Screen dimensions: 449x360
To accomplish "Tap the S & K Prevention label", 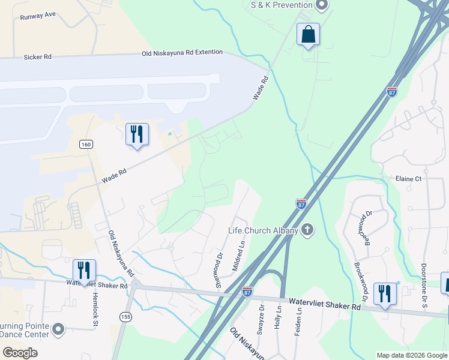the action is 282,5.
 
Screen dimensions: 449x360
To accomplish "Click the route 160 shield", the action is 86,145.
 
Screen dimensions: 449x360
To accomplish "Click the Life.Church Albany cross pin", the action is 308,230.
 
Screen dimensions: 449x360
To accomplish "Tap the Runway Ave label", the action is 37,17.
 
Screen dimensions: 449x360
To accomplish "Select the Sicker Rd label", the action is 37,57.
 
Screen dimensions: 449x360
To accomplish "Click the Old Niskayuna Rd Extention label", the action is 182,53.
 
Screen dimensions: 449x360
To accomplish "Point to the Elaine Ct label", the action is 409,179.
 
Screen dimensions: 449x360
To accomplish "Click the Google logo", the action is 20,352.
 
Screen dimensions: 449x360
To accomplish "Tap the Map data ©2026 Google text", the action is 412,355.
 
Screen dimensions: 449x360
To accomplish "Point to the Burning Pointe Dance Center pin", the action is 58,329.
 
